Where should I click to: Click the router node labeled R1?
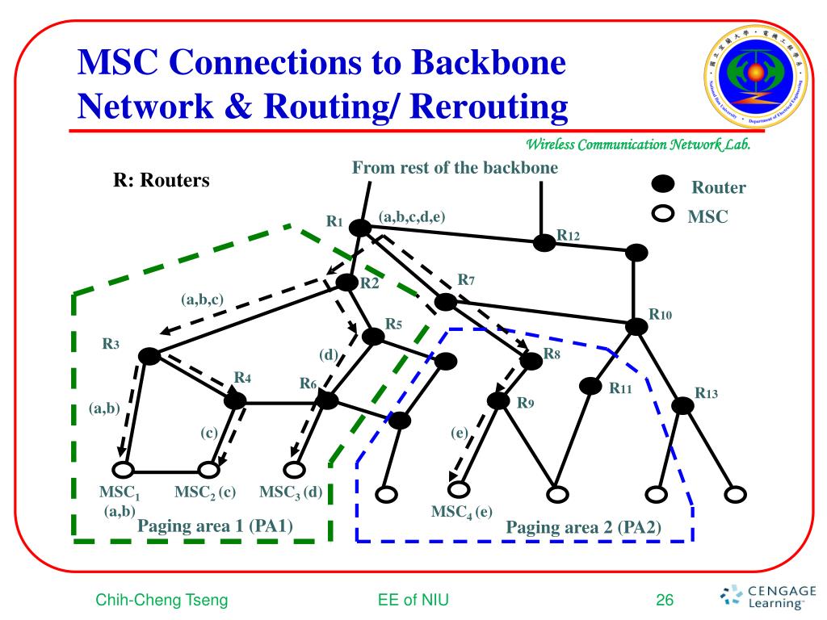coord(360,228)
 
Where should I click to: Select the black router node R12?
coord(544,242)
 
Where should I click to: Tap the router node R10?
coord(637,326)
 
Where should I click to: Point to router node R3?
coord(149,355)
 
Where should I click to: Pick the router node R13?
coord(683,406)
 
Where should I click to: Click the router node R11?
coord(593,386)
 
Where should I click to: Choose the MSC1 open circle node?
coord(123,469)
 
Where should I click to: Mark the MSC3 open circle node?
coord(295,469)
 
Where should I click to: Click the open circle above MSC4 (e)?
coord(459,488)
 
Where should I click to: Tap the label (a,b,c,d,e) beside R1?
coord(412,216)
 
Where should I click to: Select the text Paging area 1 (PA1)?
coord(215,526)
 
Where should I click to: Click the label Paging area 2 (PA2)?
coord(583,528)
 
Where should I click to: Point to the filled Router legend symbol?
coord(663,186)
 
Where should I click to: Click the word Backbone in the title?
coord(476,63)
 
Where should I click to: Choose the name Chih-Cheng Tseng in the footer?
coord(162,600)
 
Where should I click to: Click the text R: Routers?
coord(161,180)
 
